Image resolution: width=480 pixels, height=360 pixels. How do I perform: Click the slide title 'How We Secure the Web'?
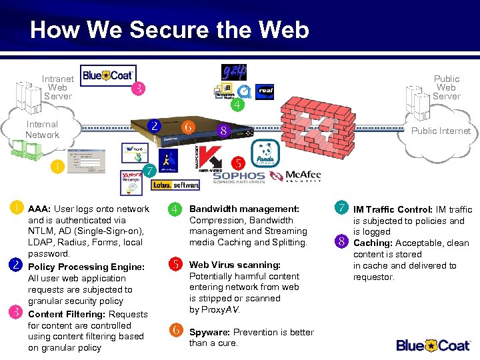pyautogui.click(x=169, y=30)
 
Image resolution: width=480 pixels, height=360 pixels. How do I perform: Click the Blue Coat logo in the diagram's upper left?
pyautogui.click(x=108, y=75)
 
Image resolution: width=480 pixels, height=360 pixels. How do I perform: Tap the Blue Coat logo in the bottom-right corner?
pyautogui.click(x=433, y=345)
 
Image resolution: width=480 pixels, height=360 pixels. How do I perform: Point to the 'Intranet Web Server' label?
pyautogui.click(x=57, y=87)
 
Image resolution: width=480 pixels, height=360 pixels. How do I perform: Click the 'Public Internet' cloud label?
pyautogui.click(x=440, y=131)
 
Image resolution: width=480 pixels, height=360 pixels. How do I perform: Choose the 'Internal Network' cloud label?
pyautogui.click(x=42, y=129)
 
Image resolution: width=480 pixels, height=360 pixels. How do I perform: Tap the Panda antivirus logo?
pyautogui.click(x=267, y=155)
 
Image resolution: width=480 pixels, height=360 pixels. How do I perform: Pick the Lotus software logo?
pyautogui.click(x=175, y=185)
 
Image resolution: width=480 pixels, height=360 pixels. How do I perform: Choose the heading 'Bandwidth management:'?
pyautogui.click(x=244, y=209)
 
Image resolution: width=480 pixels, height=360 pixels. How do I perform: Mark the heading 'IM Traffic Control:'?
pyautogui.click(x=393, y=209)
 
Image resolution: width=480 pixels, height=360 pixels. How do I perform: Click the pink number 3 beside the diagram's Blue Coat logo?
pyautogui.click(x=139, y=88)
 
